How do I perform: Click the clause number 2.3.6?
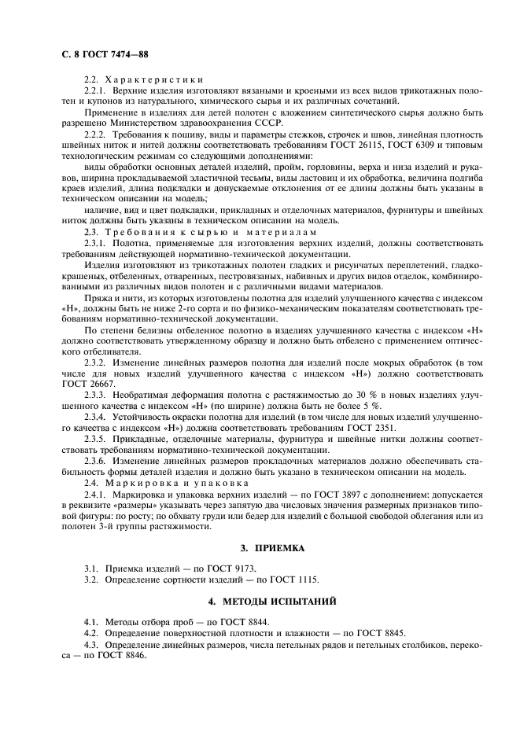click(x=98, y=461)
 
